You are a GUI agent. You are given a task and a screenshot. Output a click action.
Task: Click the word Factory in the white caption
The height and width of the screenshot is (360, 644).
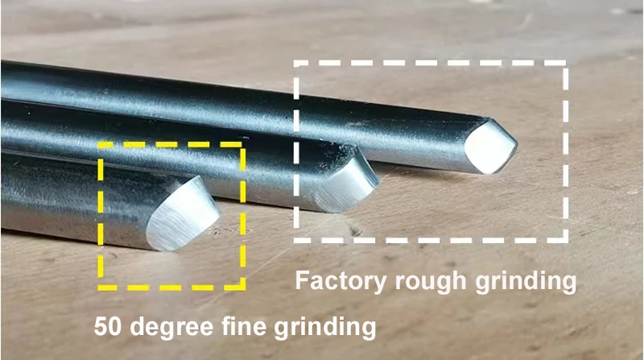(341, 282)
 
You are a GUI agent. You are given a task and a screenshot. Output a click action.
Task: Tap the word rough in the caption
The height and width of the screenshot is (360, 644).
(431, 281)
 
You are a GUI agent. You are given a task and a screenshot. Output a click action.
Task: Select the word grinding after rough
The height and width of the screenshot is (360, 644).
(526, 282)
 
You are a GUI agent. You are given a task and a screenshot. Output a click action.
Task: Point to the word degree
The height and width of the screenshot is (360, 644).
(171, 328)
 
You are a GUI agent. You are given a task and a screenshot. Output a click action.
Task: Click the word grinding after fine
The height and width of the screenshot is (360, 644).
(325, 328)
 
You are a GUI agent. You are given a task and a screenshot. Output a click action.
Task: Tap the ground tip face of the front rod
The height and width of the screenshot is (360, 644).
(184, 213)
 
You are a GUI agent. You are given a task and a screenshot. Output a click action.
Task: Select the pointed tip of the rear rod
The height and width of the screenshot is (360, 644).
(516, 144)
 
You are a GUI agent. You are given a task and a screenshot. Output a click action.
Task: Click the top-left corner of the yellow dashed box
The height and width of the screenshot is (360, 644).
(100, 145)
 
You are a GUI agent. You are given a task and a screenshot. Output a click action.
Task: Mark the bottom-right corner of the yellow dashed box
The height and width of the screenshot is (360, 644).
(243, 288)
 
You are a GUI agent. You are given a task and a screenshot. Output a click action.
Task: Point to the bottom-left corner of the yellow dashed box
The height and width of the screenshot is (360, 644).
(100, 288)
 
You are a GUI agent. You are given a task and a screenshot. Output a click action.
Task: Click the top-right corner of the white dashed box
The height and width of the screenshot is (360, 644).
(566, 64)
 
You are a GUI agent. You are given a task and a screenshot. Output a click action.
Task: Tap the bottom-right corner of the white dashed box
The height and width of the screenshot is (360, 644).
(566, 240)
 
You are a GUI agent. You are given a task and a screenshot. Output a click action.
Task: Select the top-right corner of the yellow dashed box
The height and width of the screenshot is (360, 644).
(243, 145)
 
